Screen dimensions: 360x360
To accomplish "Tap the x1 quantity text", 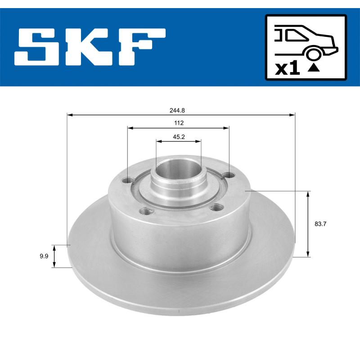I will pos(287,69).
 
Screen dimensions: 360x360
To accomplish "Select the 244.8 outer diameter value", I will pos(181,109).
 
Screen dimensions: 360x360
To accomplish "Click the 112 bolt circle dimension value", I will pos(178,122).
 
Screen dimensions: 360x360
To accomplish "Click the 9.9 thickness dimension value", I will pos(44,256).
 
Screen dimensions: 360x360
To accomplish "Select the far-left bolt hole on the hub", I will pos(127,181).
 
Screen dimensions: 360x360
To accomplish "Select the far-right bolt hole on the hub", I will pos(229,175).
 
